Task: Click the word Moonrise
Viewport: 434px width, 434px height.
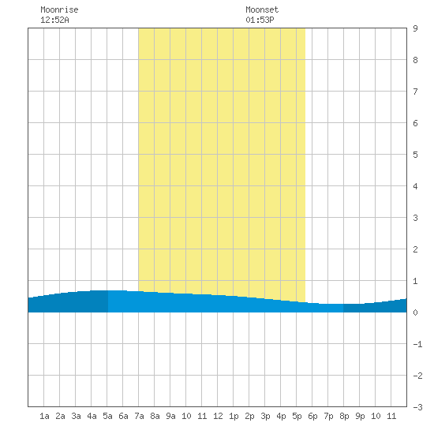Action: point(59,9)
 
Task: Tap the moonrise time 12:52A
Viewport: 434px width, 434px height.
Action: point(54,20)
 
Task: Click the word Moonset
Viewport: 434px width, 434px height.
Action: point(262,9)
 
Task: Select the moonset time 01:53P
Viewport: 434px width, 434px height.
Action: point(260,20)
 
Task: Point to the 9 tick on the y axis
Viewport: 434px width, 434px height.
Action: point(415,28)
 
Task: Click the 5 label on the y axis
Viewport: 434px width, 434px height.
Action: point(415,155)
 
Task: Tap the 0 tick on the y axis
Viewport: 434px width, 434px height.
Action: point(415,312)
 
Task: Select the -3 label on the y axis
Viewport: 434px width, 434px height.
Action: point(417,407)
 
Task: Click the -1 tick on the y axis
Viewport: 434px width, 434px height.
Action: point(417,344)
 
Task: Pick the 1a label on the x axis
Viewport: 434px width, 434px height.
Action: point(44,416)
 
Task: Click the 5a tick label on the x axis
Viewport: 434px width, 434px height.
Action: point(107,416)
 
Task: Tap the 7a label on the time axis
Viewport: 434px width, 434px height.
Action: point(139,416)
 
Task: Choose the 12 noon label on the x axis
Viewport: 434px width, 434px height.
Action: point(218,416)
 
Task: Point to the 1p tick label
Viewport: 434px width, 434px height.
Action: point(234,416)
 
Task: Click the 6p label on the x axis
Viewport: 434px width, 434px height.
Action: point(312,416)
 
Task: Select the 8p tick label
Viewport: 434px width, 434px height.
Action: point(344,416)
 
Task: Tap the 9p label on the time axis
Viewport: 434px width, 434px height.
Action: point(360,416)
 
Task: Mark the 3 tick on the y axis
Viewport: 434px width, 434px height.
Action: point(415,218)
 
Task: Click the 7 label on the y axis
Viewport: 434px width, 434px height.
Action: point(415,92)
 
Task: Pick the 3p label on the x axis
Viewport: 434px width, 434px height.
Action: point(265,416)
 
